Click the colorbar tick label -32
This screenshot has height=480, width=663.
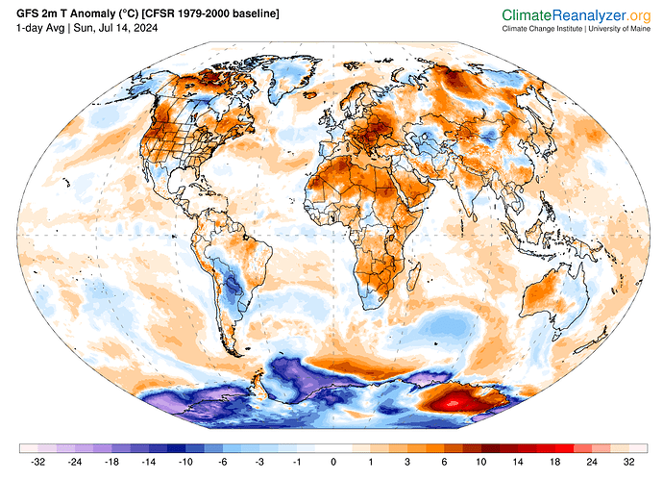click(x=38, y=462)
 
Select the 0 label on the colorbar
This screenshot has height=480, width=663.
click(x=333, y=462)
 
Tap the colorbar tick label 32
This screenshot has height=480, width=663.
click(x=628, y=462)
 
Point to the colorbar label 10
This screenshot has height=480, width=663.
click(x=481, y=462)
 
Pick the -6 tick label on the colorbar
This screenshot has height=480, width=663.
click(x=222, y=462)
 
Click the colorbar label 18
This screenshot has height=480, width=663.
click(x=554, y=462)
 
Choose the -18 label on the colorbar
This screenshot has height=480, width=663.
click(x=111, y=462)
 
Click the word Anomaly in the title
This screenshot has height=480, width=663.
click(x=89, y=14)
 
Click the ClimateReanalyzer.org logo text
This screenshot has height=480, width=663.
click(x=576, y=15)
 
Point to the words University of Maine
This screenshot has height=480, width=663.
click(x=620, y=29)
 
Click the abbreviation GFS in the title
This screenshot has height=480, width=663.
click(x=28, y=14)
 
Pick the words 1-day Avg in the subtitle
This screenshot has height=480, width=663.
click(x=40, y=28)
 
